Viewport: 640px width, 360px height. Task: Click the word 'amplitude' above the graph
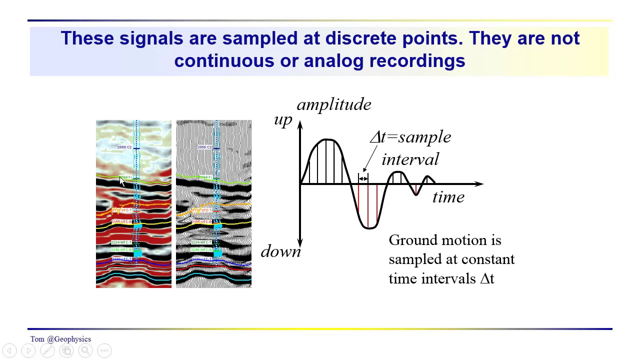tap(334, 104)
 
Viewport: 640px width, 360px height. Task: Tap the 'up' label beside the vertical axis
tap(283, 120)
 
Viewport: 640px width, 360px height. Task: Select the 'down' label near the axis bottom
tap(280, 251)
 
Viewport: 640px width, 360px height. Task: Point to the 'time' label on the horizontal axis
tap(448, 197)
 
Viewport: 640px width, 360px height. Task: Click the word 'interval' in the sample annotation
tap(410, 159)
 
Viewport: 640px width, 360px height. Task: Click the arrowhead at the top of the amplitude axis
tap(300, 124)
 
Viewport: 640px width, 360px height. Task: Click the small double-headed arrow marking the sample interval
tap(363, 178)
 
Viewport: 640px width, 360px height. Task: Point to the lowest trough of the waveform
tap(369, 228)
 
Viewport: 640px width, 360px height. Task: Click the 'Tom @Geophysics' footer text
tap(60, 339)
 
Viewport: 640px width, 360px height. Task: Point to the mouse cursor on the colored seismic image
tap(122, 182)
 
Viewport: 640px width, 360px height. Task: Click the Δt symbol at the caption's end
tap(487, 279)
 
